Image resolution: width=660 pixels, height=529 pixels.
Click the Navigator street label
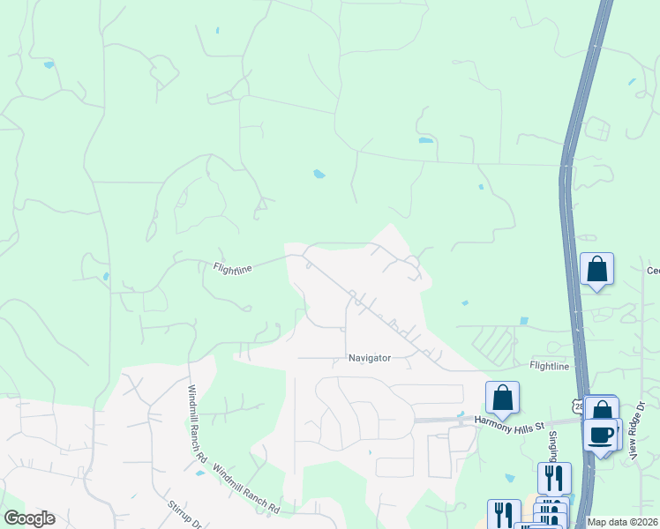click(369, 359)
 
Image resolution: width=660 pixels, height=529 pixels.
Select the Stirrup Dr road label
click(185, 515)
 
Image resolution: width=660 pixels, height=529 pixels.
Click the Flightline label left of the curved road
click(233, 267)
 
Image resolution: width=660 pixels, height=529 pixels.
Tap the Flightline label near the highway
click(550, 365)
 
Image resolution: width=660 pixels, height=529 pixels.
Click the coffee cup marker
click(600, 435)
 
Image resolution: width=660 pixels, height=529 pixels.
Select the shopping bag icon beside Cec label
click(596, 268)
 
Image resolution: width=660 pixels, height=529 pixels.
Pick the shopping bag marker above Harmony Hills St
click(502, 397)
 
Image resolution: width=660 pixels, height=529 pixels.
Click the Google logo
click(29, 518)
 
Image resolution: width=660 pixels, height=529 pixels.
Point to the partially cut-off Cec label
click(653, 271)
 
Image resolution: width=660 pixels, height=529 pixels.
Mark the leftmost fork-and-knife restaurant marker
click(504, 515)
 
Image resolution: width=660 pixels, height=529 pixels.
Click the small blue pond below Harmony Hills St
click(510, 479)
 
